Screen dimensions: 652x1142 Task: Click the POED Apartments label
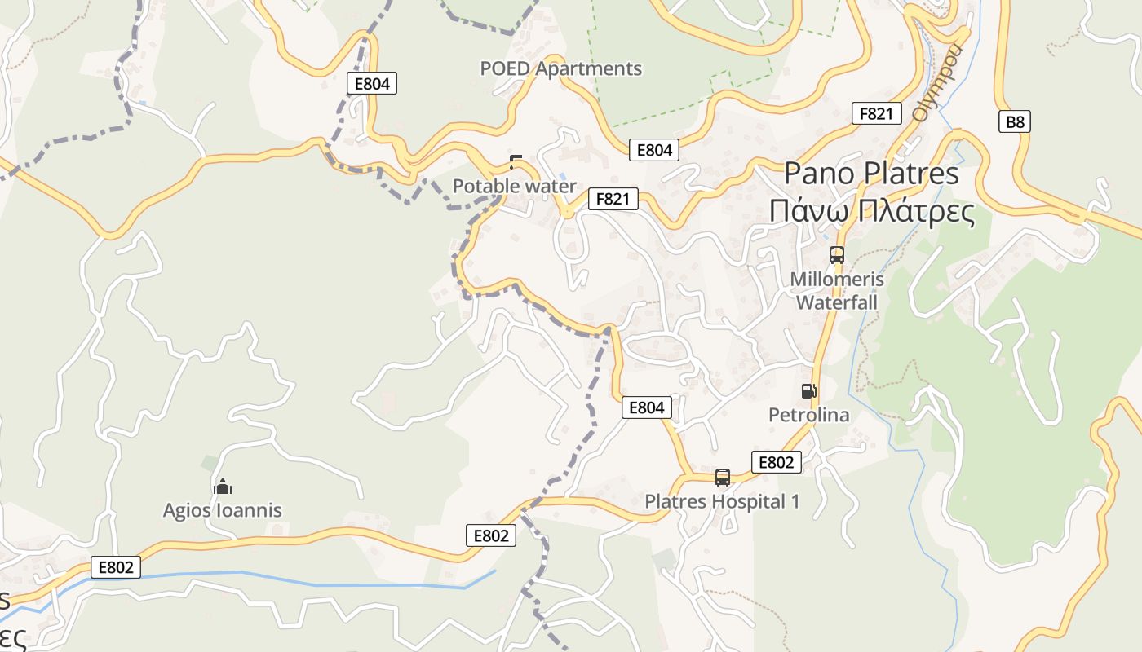click(560, 69)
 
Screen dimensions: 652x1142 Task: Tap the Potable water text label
click(514, 187)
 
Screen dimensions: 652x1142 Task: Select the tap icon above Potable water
click(516, 161)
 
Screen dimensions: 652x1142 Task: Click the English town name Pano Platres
click(871, 174)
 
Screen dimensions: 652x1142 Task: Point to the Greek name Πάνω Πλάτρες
click(871, 212)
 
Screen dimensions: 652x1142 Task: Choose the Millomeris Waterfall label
click(836, 291)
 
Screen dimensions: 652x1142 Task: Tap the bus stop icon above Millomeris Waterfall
click(836, 255)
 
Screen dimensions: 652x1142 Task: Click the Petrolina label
click(808, 416)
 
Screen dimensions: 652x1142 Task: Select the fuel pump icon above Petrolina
click(808, 391)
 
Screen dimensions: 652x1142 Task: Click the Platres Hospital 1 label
click(722, 502)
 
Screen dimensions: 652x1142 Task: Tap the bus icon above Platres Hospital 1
click(722, 478)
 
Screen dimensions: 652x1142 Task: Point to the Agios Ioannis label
click(222, 511)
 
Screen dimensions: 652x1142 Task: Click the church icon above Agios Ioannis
click(222, 487)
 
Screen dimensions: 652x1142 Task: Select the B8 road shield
click(1014, 122)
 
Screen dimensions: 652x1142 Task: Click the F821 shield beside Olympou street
click(876, 114)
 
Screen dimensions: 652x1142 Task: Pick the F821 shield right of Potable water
click(613, 199)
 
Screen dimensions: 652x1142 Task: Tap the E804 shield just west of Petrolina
click(647, 407)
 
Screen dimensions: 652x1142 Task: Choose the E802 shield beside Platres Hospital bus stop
click(776, 463)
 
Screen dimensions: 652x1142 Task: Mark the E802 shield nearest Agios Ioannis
click(115, 567)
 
